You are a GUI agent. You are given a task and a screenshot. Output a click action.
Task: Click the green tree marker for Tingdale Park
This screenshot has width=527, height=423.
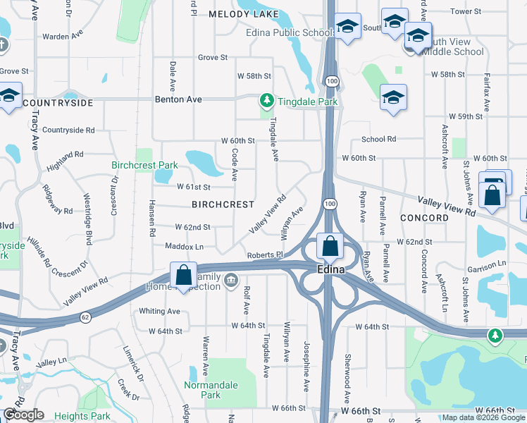266,102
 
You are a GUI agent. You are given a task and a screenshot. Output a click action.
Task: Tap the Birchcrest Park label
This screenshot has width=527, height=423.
144,166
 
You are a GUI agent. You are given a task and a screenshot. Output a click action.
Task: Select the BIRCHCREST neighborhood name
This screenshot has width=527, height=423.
223,204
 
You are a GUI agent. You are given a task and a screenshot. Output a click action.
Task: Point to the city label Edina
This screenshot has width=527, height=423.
330,270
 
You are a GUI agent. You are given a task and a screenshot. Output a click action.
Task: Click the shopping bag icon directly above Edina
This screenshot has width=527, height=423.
330,247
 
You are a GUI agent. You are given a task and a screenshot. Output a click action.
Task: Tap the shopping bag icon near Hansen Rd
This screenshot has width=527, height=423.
183,276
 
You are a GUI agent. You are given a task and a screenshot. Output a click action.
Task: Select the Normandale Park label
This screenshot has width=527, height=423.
211,390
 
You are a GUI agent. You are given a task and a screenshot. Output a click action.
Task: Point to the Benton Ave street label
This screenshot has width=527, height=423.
178,99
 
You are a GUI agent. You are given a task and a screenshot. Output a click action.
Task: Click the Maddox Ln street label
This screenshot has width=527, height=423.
184,247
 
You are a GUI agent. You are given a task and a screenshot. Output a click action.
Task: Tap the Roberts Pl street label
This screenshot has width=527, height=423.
264,255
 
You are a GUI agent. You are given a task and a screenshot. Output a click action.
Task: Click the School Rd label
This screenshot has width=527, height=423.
379,140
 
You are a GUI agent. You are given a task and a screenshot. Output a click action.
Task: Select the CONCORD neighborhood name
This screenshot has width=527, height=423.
424,218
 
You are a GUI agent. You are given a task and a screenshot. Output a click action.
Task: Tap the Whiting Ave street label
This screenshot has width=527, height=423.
160,311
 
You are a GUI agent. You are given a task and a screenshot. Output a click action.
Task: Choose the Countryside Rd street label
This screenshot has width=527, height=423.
68,130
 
